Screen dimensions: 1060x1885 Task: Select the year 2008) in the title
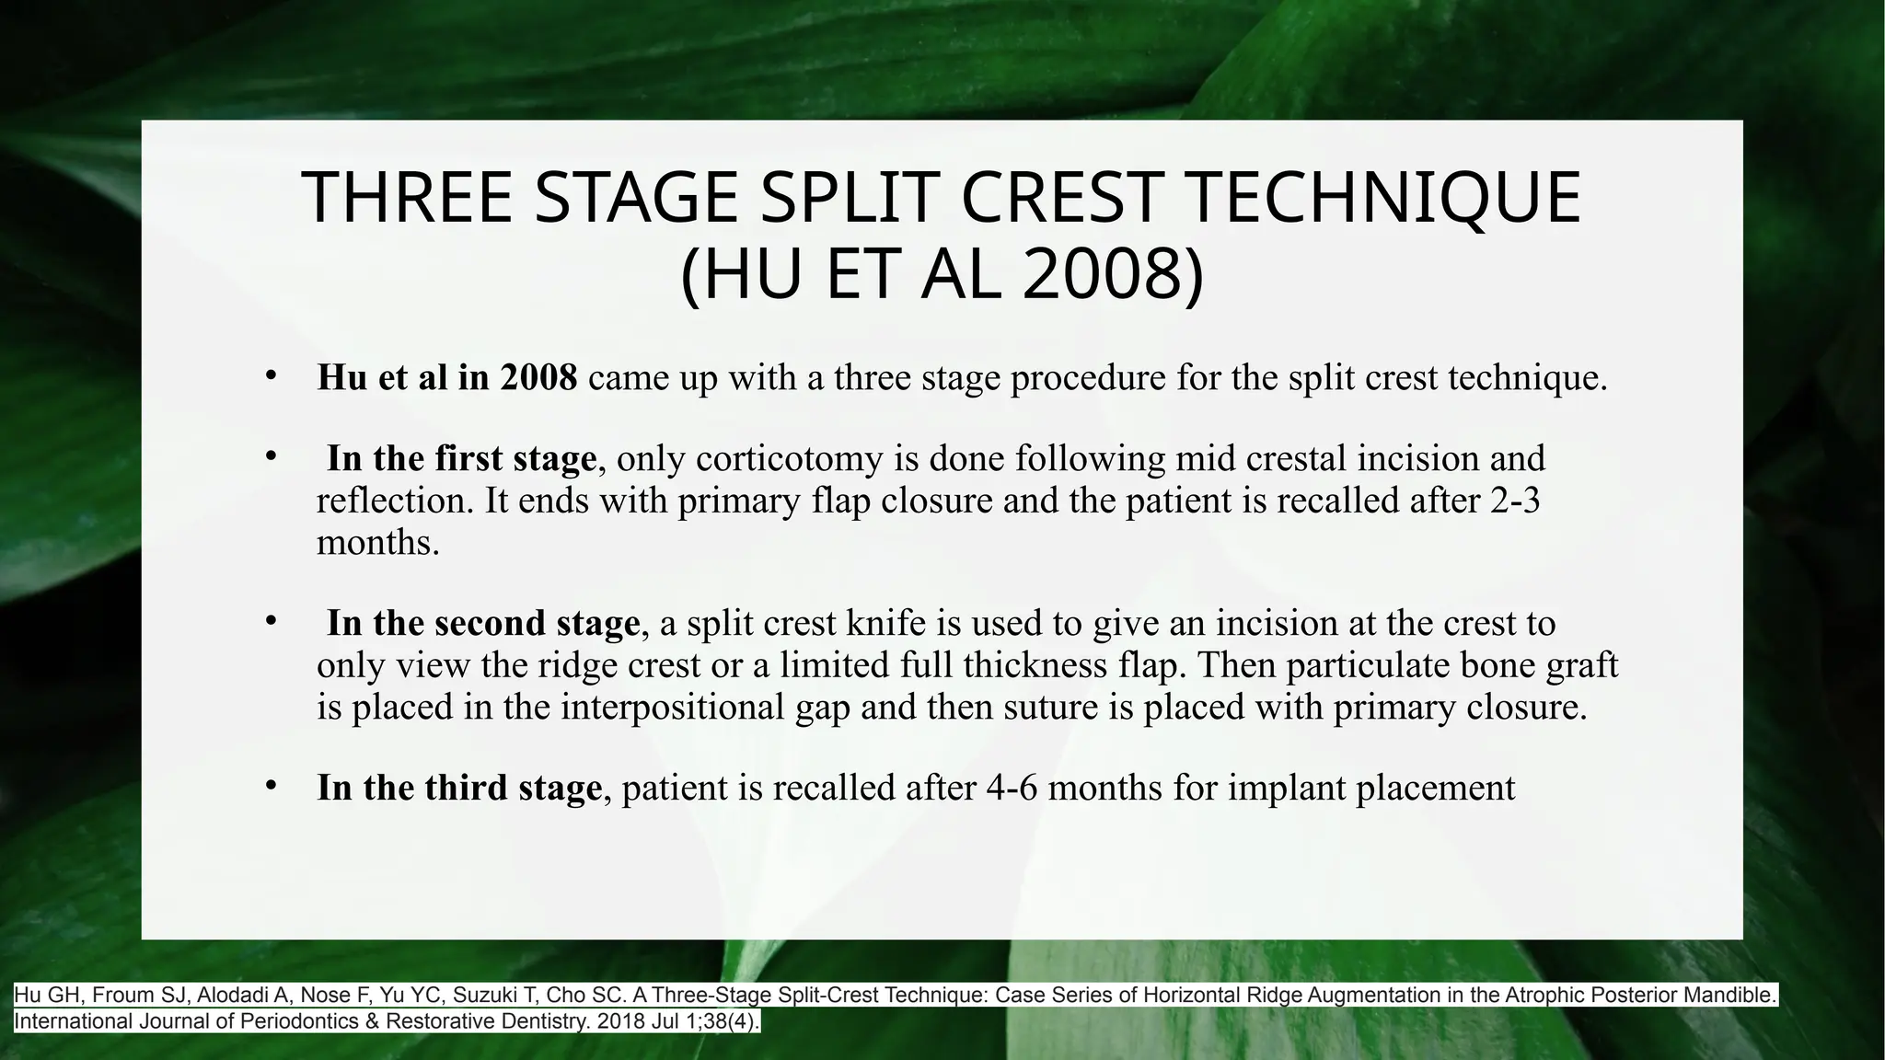[x=1111, y=275]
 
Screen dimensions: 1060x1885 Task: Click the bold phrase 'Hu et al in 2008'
[x=446, y=377]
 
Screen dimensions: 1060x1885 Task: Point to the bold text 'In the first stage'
[x=461, y=458]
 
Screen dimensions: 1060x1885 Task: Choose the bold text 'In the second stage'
[x=483, y=623]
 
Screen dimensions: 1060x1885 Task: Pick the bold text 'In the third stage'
[x=459, y=788]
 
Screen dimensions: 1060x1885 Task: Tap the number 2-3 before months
[x=1513, y=501]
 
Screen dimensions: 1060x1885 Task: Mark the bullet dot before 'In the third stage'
[x=270, y=786]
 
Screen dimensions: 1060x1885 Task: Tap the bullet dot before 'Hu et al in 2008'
[x=270, y=375]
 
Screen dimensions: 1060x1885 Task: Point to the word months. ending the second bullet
[x=378, y=543]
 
